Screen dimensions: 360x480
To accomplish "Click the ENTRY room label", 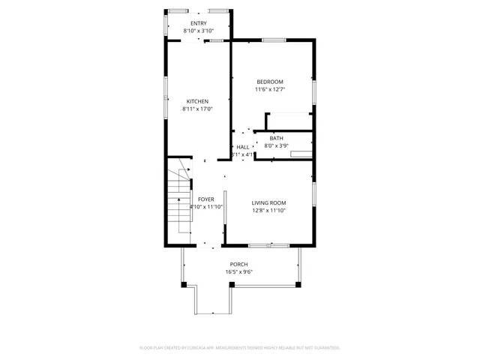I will [x=198, y=24].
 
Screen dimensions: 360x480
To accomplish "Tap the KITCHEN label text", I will [x=197, y=101].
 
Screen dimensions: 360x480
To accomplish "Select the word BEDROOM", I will [x=270, y=82].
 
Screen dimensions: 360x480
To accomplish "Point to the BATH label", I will [x=277, y=138].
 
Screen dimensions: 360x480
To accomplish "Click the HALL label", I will [x=243, y=147].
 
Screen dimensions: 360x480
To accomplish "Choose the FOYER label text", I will [x=206, y=199].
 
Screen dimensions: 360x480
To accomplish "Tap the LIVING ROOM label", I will [x=269, y=202].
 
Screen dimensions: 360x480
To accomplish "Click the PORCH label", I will [x=239, y=264].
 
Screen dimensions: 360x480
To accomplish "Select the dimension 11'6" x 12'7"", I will [x=270, y=89].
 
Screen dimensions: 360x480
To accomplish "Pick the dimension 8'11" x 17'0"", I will [x=197, y=109].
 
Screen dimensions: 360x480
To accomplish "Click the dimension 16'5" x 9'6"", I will [x=239, y=271].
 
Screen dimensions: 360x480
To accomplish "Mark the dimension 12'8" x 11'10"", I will [x=269, y=210].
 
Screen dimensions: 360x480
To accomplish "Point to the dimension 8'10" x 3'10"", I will [x=198, y=31].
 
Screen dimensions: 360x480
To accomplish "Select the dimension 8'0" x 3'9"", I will [x=277, y=145].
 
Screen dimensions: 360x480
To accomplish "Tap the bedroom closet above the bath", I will [x=289, y=121].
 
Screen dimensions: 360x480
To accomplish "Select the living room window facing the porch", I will [x=269, y=245].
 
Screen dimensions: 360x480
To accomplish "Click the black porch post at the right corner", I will [x=298, y=284].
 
